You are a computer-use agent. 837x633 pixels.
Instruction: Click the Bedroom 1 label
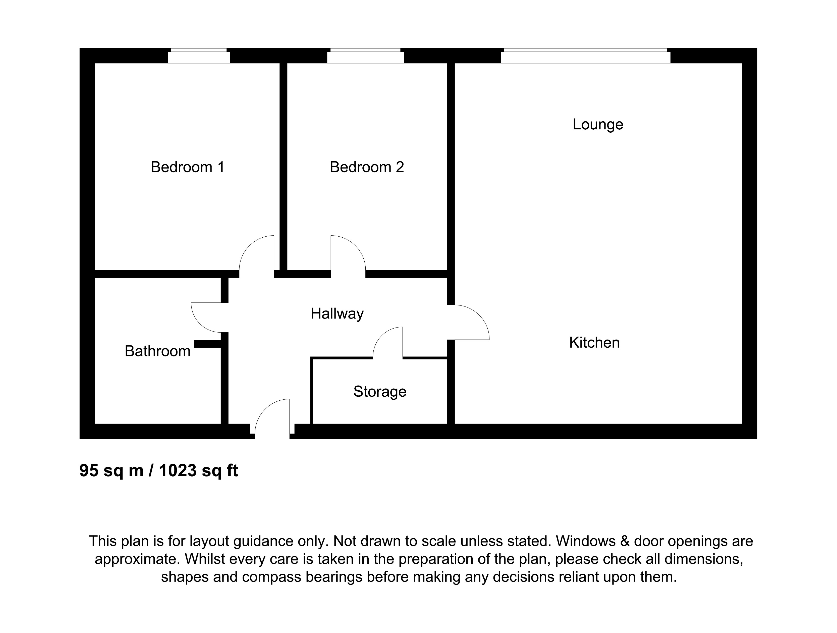pyautogui.click(x=188, y=167)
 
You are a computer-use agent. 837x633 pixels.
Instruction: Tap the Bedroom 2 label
pyautogui.click(x=367, y=167)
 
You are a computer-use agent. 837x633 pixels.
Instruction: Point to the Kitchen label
pyautogui.click(x=594, y=343)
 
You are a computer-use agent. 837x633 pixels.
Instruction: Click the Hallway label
pyautogui.click(x=337, y=313)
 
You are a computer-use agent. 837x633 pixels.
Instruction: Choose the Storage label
pyautogui.click(x=379, y=391)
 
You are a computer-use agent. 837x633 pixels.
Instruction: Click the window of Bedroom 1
pyautogui.click(x=199, y=57)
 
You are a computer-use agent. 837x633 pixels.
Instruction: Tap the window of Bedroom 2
pyautogui.click(x=366, y=57)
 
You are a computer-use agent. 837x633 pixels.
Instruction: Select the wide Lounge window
pyautogui.click(x=585, y=57)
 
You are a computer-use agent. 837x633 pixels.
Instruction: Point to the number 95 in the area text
pyautogui.click(x=89, y=470)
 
